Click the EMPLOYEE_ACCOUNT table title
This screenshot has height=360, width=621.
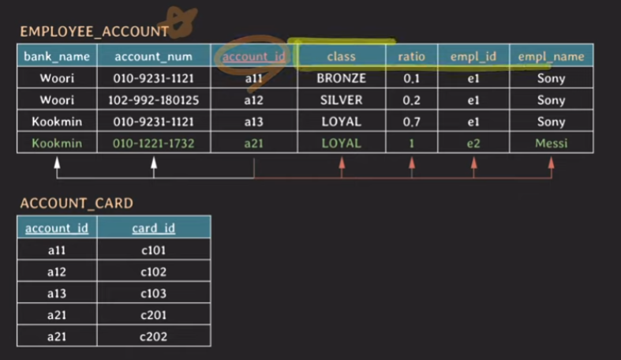coord(94,32)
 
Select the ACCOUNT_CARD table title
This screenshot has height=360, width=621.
coord(77,203)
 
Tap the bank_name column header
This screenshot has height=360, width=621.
coord(57,56)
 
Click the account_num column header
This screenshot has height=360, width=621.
coord(153,56)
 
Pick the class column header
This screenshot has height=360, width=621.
coord(341,56)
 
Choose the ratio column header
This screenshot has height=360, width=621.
coord(411,56)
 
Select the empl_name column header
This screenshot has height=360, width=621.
coord(551,56)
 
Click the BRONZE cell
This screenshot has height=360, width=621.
coord(341,78)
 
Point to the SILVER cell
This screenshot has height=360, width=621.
coord(341,100)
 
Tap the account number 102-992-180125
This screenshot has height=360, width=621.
coord(153,100)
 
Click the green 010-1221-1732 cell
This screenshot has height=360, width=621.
coord(153,143)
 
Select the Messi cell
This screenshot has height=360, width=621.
coord(551,143)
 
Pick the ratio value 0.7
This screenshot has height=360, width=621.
coord(411,122)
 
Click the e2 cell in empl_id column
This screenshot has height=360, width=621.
coord(473,143)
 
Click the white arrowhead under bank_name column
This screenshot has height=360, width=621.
coord(57,163)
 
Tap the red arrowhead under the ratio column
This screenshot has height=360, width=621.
coord(411,163)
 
